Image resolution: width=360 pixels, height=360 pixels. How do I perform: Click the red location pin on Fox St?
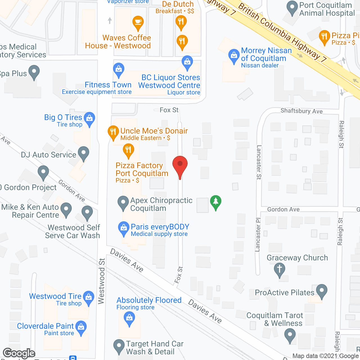[x=180, y=165]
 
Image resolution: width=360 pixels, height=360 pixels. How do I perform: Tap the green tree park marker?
[x=216, y=202]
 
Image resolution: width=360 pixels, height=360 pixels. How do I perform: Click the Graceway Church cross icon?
[x=280, y=269]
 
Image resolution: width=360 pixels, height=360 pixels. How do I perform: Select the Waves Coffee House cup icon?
[x=138, y=22]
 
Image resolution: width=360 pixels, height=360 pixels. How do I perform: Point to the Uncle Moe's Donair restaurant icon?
[x=113, y=132]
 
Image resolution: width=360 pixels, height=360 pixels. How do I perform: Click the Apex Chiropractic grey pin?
[x=123, y=202]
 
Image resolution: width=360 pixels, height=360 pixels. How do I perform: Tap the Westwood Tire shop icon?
[x=89, y=297]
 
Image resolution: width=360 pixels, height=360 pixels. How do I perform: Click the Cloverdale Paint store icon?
[x=81, y=327]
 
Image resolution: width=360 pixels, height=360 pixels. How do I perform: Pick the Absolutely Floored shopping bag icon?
[x=129, y=318]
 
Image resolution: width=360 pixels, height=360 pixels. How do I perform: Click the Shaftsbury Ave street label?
[x=301, y=111]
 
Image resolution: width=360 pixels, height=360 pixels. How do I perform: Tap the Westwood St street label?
[x=101, y=281]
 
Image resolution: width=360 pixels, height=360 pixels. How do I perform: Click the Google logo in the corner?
[x=19, y=353]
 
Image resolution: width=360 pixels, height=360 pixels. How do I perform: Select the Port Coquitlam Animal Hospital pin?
[x=292, y=8]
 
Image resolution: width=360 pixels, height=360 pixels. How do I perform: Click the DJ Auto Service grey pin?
[x=83, y=153]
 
